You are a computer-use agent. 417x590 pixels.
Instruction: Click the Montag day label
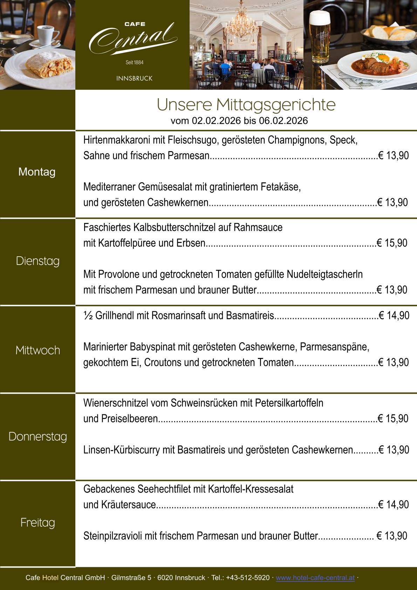(37, 172)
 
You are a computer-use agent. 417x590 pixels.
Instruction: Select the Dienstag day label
(37, 261)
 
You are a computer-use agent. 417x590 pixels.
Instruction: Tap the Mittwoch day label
(37, 350)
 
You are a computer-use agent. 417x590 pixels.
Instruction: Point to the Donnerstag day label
(37, 437)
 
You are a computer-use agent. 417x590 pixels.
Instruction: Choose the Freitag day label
(37, 523)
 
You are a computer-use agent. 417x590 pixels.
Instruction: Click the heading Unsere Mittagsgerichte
(246, 104)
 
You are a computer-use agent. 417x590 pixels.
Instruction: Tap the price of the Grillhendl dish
(394, 316)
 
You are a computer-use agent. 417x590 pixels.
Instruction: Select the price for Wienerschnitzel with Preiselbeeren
(393, 419)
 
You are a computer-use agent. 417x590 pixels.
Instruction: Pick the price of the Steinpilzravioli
(392, 536)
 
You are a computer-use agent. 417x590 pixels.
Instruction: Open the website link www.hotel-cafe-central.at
(315, 578)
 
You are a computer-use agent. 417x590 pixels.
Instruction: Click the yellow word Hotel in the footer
(50, 578)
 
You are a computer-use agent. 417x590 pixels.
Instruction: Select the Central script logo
(133, 39)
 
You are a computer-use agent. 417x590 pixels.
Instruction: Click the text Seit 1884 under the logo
(135, 62)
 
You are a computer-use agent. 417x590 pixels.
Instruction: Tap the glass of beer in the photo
(319, 37)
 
